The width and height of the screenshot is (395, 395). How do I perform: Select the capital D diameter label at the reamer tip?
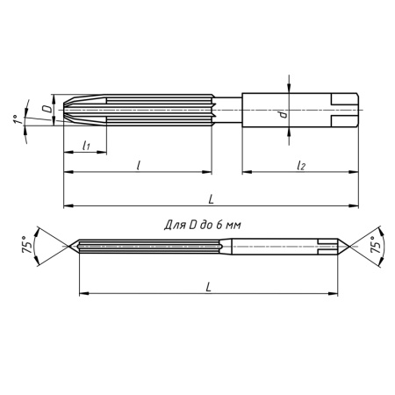click(x=46, y=108)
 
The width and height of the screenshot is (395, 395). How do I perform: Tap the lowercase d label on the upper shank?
click(x=280, y=114)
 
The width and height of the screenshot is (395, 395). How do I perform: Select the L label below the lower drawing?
click(x=208, y=286)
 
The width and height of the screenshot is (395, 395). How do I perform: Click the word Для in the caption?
click(x=176, y=225)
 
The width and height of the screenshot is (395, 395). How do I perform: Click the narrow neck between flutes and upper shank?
click(x=226, y=109)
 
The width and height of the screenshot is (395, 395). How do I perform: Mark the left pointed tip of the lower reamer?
click(x=73, y=247)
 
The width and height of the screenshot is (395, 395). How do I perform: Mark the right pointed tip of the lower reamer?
click(x=348, y=247)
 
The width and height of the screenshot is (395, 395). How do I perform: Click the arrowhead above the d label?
click(x=290, y=87)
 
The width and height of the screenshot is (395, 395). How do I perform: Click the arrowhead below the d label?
click(x=290, y=133)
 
